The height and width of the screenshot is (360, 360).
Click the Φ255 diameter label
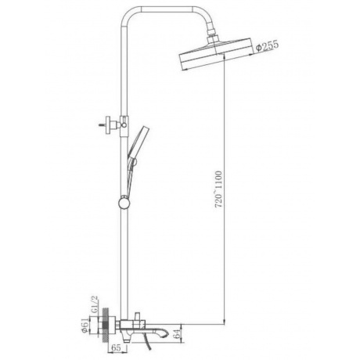pos(268,46)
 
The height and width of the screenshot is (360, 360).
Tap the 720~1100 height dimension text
pos(218,189)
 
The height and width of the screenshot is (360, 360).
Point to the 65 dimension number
pos(116,347)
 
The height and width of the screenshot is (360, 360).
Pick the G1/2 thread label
pos(94,304)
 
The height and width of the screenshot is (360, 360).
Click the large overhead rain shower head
pos(216,55)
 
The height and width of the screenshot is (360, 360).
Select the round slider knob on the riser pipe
pos(124,203)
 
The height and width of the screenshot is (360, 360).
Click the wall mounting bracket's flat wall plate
pos(108,125)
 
